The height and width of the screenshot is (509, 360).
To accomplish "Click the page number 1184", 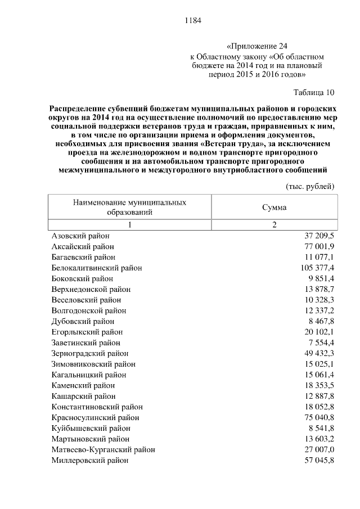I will pos(192,21).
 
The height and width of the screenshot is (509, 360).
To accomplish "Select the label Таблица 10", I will pos(314,92).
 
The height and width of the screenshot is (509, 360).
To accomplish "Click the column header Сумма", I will pos(274,206).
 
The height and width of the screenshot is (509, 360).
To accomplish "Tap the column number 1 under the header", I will pos(129,225).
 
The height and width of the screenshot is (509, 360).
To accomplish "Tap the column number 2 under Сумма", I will pos(274,225).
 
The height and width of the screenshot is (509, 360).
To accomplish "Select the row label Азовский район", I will pos(80,236).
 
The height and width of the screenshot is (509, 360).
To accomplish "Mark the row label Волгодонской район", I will pos(89,310).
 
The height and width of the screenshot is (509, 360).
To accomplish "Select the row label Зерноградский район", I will pos(90,353).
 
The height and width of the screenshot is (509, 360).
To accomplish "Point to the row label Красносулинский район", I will pos(95,417).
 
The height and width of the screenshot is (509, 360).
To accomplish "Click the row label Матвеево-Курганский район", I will pos(103,449).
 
